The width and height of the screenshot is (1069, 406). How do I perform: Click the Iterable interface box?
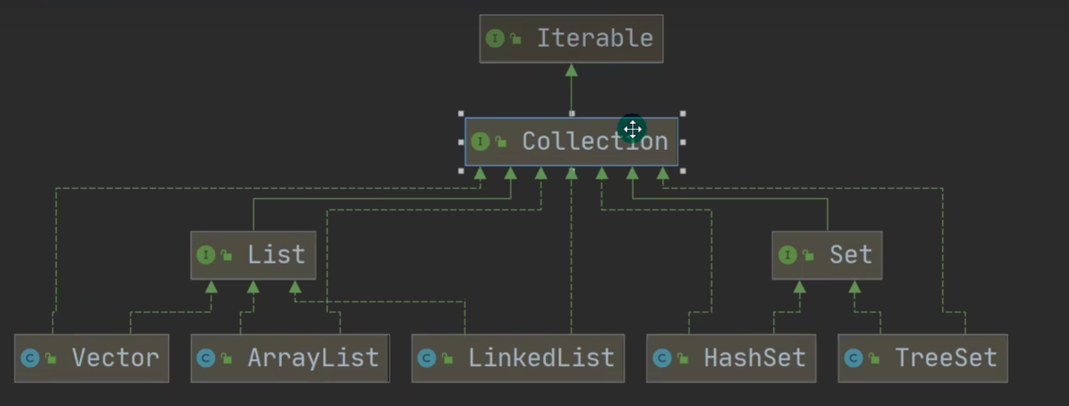571,39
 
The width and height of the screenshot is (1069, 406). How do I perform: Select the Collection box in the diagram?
571,142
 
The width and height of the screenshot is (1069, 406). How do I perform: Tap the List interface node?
253,255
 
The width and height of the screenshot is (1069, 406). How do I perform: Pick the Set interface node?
826,255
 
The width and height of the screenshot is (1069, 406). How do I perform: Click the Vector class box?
91,358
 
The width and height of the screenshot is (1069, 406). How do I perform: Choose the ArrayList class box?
290,358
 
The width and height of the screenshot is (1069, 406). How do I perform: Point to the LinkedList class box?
518,358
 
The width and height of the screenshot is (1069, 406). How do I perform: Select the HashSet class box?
731,358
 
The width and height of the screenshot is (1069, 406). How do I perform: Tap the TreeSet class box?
922,358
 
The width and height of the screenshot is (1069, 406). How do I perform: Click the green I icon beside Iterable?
495,39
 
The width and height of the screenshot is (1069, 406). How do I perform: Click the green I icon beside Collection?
480,142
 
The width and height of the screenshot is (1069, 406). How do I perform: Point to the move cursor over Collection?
632,129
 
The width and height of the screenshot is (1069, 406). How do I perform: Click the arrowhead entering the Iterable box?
571,70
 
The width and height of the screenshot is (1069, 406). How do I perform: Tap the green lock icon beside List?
226,256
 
